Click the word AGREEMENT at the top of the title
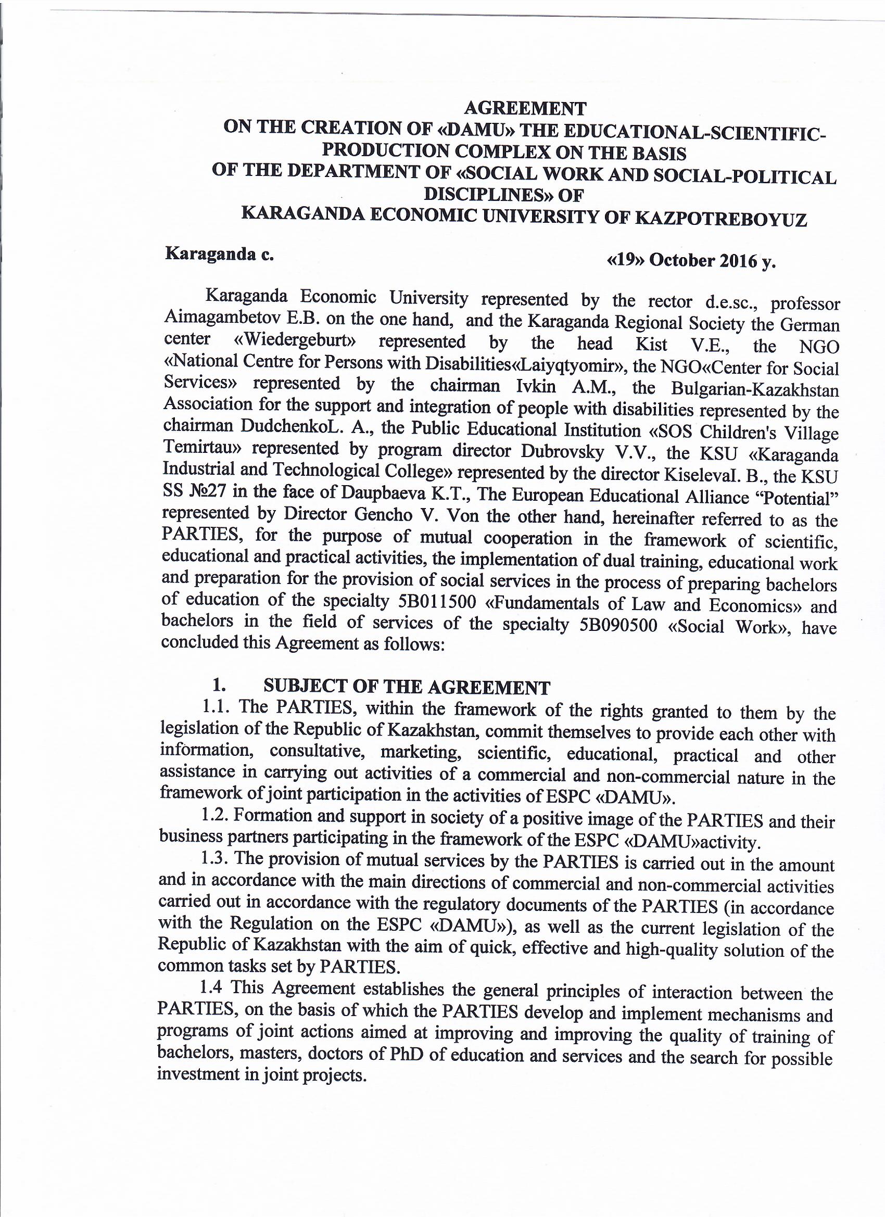(x=525, y=108)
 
